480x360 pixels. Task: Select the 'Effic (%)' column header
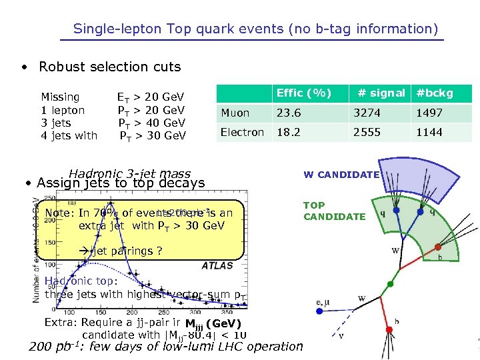click(303, 93)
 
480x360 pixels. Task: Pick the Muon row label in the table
click(235, 113)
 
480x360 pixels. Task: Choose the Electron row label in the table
click(242, 132)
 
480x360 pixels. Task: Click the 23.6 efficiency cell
click(289, 113)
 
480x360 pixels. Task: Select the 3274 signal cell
click(367, 113)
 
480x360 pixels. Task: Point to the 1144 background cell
click(429, 132)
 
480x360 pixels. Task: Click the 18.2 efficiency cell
click(289, 132)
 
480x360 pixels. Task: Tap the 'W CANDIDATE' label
click(341, 175)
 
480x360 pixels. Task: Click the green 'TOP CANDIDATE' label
click(334, 211)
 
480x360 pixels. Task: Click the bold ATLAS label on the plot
click(217, 265)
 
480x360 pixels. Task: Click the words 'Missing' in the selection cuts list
click(60, 97)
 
